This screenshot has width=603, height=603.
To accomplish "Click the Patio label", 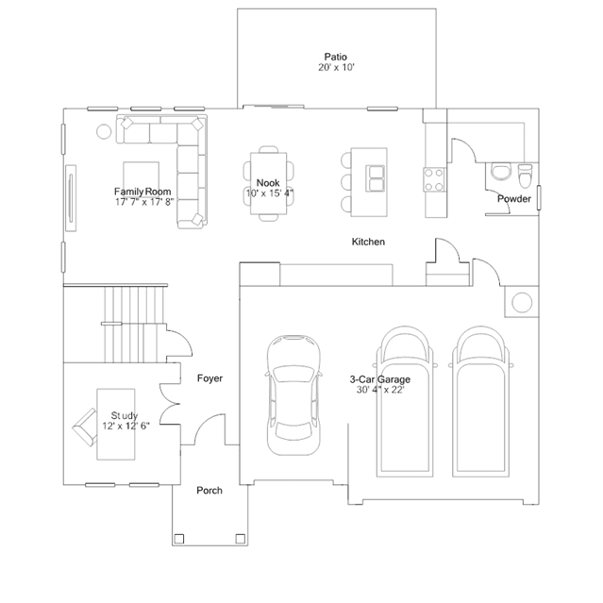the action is [335, 57].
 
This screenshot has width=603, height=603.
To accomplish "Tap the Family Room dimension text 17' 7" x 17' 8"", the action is [144, 202].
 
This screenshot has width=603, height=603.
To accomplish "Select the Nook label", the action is [268, 183].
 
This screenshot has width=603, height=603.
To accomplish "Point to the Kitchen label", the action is [368, 242].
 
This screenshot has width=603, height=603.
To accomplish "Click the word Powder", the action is [514, 198].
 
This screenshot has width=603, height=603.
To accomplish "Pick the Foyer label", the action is [210, 378].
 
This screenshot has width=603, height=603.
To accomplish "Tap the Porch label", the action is [209, 491].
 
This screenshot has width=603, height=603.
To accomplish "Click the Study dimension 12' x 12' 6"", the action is [126, 426].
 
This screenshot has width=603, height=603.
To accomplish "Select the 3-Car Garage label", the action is [380, 379].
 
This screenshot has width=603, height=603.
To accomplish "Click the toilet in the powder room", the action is [525, 175].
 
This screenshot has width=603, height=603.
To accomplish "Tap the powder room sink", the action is [501, 172].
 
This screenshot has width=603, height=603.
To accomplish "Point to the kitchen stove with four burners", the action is [434, 179].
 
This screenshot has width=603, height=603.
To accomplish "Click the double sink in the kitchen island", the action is [375, 178].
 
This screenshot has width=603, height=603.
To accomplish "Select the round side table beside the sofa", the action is [104, 131].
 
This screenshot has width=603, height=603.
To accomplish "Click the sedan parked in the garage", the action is [293, 395].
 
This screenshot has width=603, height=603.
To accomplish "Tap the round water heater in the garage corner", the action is [522, 302].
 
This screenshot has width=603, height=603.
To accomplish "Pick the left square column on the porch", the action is [178, 539].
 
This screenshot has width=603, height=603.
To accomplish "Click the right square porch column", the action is [241, 539].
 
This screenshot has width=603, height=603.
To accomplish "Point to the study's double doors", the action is [170, 404].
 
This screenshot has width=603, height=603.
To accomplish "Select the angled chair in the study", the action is [85, 427].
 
